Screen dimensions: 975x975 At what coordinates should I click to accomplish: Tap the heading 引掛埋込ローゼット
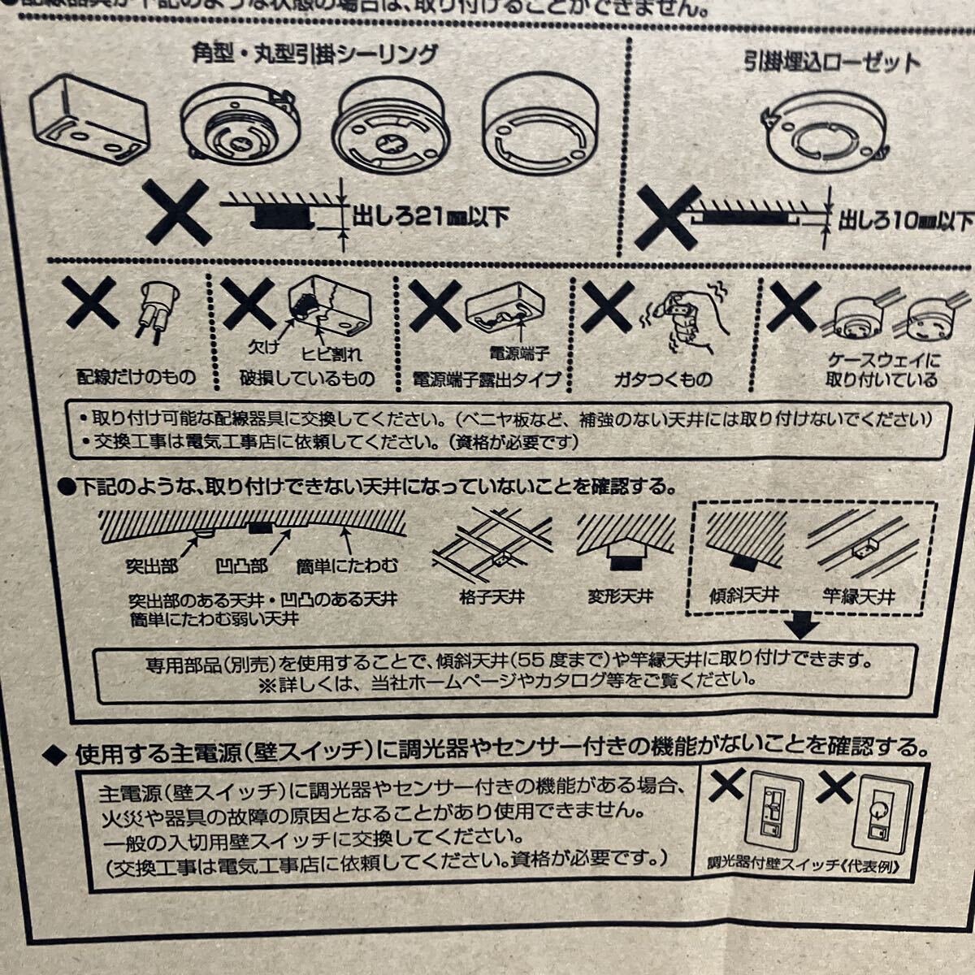833,62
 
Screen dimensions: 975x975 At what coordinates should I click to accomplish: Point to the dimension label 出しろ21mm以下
431,217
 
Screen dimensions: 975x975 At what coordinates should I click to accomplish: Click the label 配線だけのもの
136,377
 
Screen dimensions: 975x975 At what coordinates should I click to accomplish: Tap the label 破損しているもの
307,379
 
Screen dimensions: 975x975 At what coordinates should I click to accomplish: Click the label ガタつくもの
662,379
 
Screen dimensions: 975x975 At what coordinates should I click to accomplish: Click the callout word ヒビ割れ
331,354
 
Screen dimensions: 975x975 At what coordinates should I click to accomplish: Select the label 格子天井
492,597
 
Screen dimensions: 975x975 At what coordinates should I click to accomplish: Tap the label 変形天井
621,597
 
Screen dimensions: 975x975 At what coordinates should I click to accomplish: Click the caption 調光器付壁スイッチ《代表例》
805,865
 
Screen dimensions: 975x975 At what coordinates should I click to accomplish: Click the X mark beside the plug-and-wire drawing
91,305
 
